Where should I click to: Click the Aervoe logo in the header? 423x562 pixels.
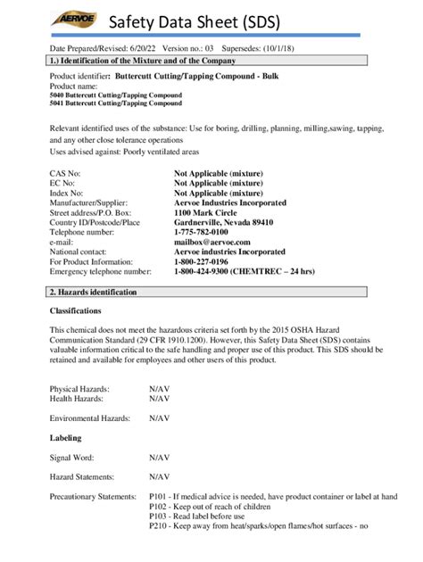click(70, 19)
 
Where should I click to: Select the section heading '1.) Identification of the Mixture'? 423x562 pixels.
click(143, 61)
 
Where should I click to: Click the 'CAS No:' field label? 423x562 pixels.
click(65, 173)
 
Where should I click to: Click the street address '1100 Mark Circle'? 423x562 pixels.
click(207, 212)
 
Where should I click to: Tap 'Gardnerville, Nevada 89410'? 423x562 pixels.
click(223, 222)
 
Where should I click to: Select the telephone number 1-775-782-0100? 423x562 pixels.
click(201, 232)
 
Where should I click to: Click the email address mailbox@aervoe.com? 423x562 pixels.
click(212, 242)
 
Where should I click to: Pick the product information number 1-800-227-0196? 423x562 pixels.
click(201, 261)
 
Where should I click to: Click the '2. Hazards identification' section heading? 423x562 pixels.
click(94, 292)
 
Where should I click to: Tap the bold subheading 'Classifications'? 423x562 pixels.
click(75, 310)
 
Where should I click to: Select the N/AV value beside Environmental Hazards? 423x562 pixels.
click(160, 417)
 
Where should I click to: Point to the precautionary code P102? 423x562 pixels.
click(158, 506)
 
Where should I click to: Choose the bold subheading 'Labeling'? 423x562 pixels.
click(65, 438)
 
